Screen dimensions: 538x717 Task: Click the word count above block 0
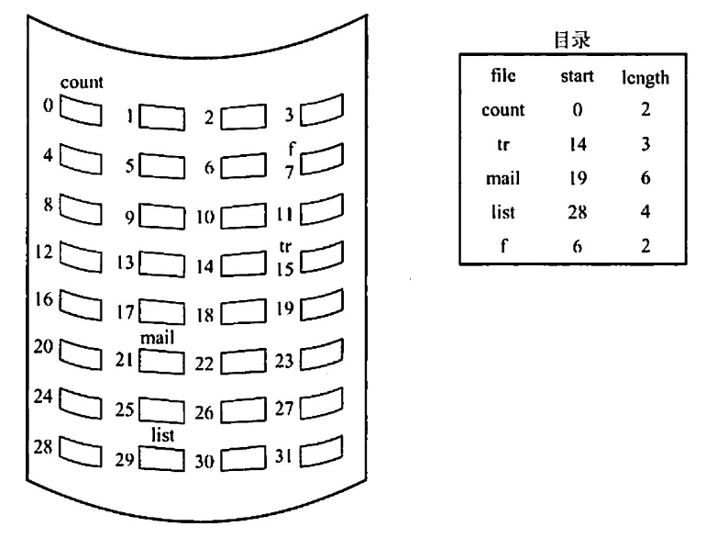[82, 84]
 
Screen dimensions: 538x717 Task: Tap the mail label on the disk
[157, 338]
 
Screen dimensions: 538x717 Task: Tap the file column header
[503, 76]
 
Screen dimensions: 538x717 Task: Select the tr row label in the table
[503, 145]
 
